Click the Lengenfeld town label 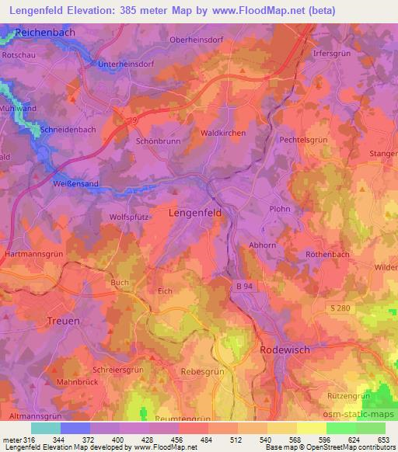pos(196,211)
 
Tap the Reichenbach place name pos(48,33)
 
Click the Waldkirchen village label pos(223,134)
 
